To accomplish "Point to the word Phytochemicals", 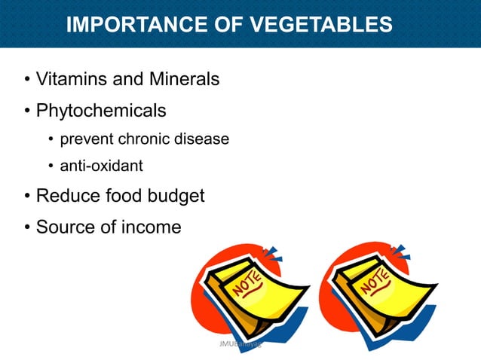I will [101, 111].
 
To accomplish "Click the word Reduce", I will [66, 196].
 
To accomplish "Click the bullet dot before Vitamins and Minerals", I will [27, 79].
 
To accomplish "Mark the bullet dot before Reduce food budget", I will [27, 197].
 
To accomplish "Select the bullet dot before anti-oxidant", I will [51, 166].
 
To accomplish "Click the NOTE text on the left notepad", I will [248, 288].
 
